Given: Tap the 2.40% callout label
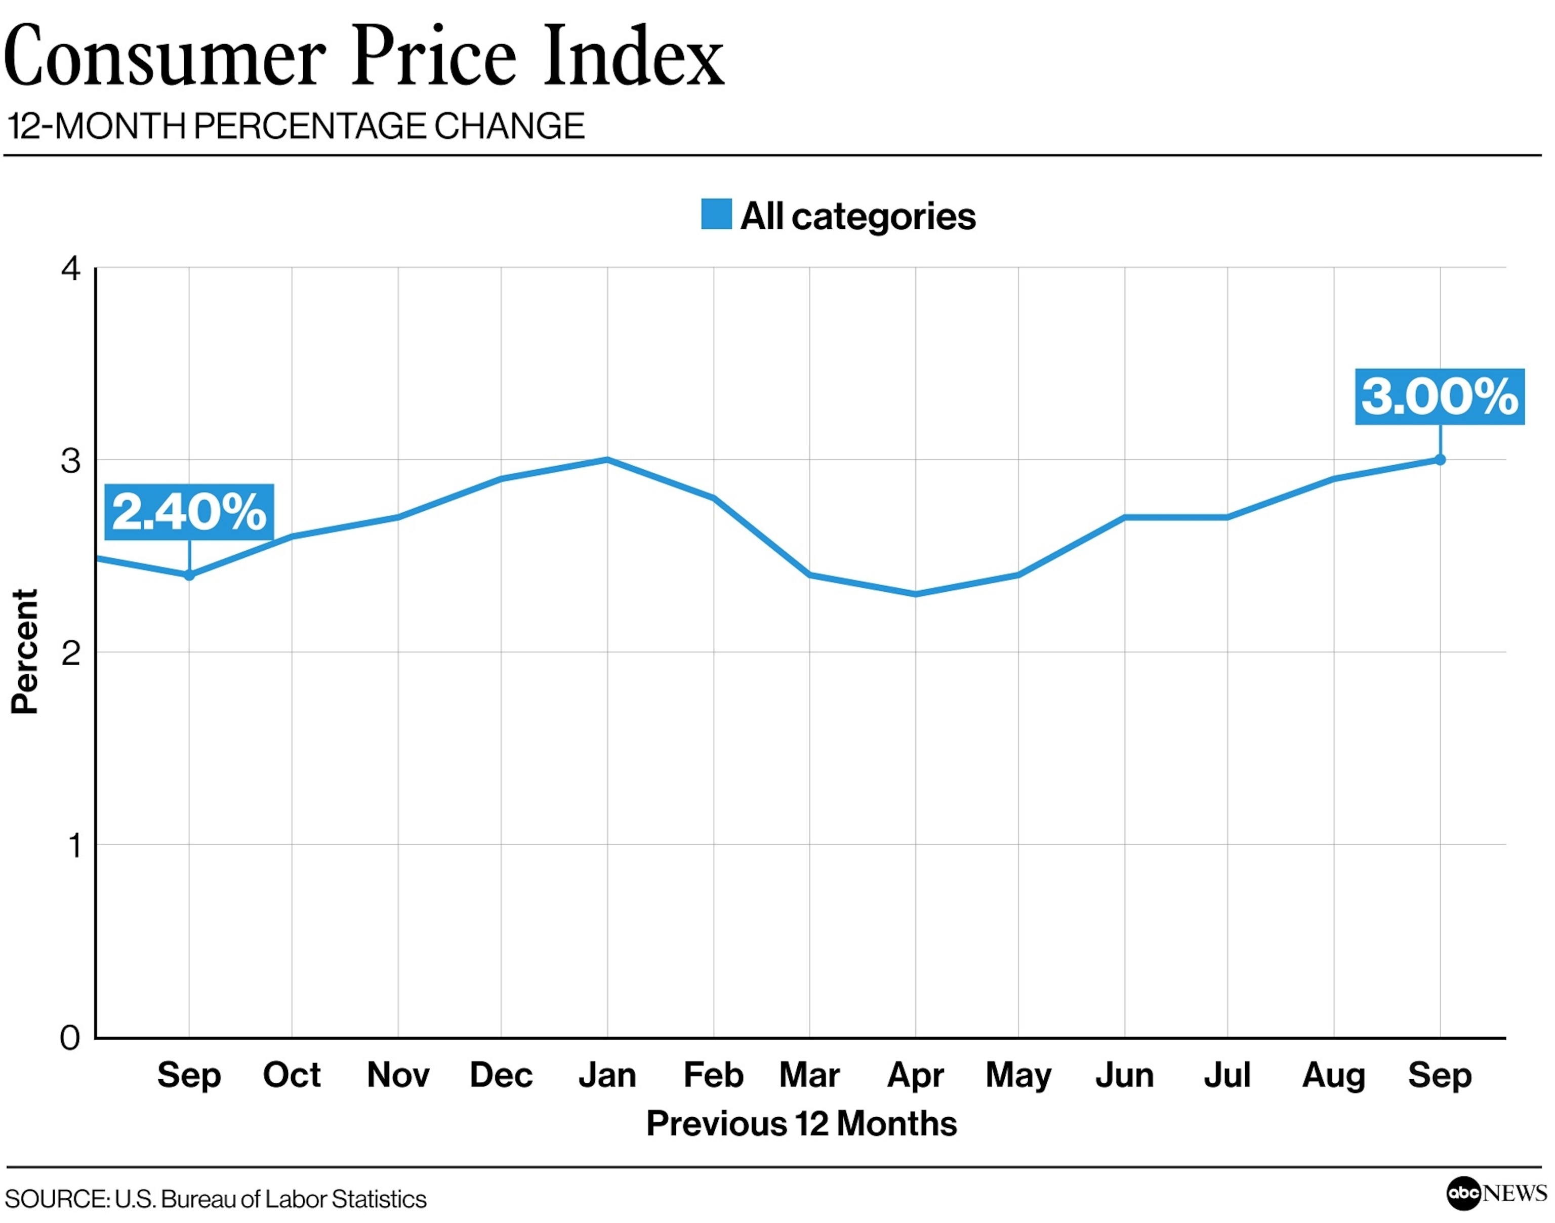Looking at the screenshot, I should point(189,512).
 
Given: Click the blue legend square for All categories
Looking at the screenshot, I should point(716,214).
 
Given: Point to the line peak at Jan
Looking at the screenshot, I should point(607,459).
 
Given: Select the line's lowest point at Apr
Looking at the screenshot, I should point(915,594).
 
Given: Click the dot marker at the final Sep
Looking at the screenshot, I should point(1440,460).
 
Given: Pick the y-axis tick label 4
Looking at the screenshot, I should point(70,269).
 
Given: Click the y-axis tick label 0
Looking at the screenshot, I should point(70,1038).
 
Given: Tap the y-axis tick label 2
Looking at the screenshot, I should point(70,653).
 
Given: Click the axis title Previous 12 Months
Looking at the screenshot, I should point(801,1123).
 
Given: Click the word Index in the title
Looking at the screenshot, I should point(634,57).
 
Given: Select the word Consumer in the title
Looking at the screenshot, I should point(165,57).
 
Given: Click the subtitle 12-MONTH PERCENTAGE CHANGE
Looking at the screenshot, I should point(296,126).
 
